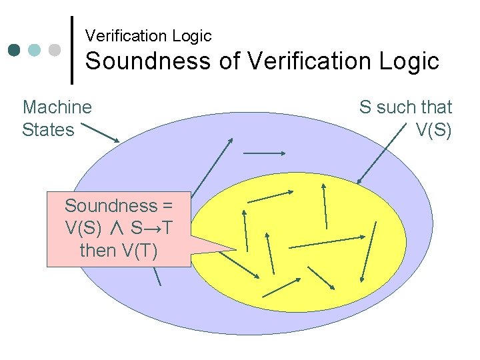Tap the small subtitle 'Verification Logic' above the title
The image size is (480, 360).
click(x=148, y=35)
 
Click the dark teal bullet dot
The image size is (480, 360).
click(x=15, y=50)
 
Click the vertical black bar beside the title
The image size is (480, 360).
click(x=72, y=50)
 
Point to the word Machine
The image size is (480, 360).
click(x=57, y=107)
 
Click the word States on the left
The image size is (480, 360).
click(x=48, y=129)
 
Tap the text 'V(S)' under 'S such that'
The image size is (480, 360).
click(x=433, y=129)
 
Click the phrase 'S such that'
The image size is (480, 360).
click(x=405, y=107)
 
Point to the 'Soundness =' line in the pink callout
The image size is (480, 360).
click(x=118, y=205)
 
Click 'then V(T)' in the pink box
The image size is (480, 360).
click(x=118, y=251)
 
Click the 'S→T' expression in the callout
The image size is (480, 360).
click(x=150, y=228)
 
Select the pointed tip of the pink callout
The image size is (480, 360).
click(x=235, y=249)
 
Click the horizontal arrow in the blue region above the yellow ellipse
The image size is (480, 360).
click(x=265, y=153)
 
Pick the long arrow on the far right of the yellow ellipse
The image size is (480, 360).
click(x=368, y=251)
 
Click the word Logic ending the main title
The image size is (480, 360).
click(x=411, y=61)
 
